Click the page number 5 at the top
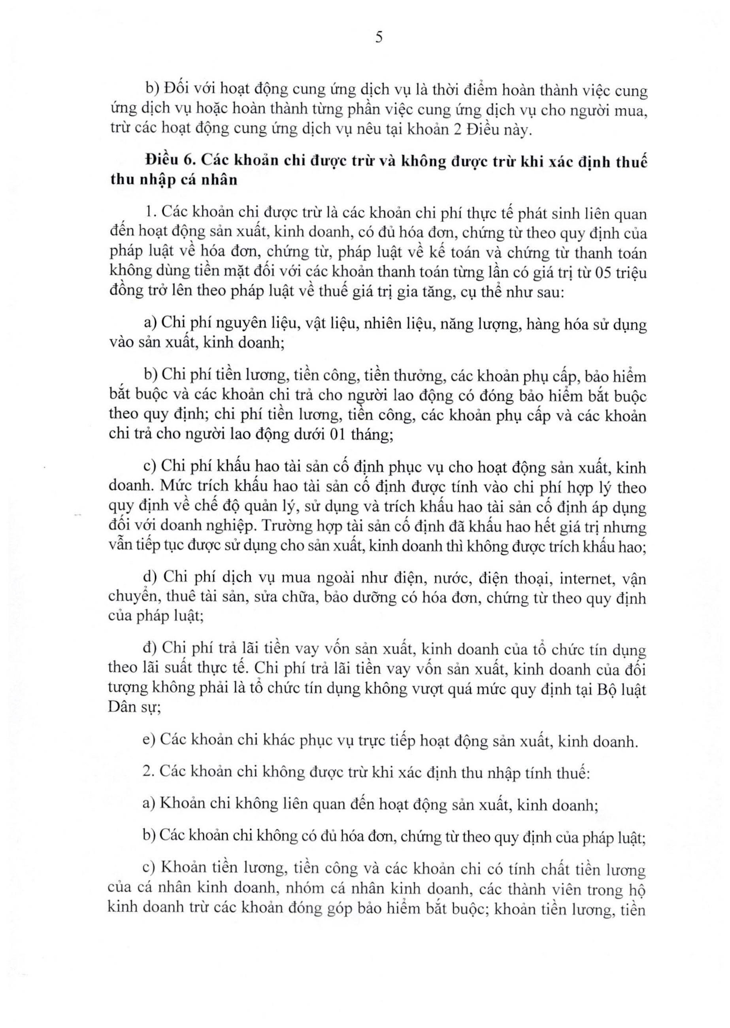(x=379, y=37)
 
